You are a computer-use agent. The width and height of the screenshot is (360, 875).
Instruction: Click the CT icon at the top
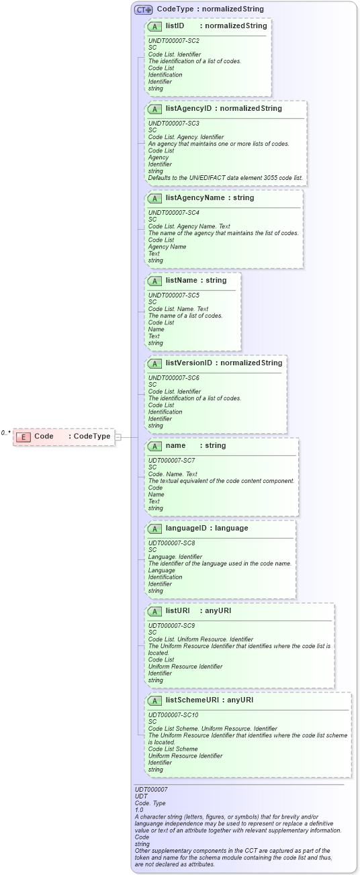(x=144, y=9)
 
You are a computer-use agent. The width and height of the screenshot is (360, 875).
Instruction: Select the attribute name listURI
(x=179, y=610)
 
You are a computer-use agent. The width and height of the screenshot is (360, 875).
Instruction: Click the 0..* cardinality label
(x=6, y=433)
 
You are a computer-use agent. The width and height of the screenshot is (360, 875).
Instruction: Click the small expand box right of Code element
(x=118, y=436)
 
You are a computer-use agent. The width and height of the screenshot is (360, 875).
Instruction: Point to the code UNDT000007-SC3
(x=173, y=124)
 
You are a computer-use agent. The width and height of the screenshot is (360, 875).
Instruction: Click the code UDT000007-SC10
(x=173, y=715)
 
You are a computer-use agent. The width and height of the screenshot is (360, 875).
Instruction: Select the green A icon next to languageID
(x=154, y=528)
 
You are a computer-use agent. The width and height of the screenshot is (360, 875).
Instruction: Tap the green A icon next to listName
(x=154, y=281)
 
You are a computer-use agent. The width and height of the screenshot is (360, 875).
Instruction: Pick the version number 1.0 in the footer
(x=139, y=810)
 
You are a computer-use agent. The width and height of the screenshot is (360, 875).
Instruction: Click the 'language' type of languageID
(x=231, y=528)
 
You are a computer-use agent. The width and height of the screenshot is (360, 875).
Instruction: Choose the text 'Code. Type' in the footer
(x=150, y=803)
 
